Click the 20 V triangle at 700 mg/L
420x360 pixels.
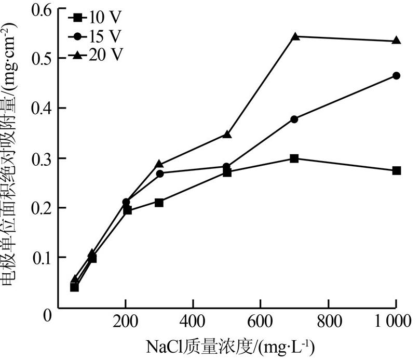295,36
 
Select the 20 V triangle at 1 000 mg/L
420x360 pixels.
396,41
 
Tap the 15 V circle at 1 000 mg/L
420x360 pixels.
396,76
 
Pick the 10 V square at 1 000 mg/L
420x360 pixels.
396,170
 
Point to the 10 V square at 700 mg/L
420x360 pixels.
294,158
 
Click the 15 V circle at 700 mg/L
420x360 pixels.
294,119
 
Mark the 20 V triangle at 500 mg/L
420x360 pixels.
227,134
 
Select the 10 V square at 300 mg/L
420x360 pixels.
159,202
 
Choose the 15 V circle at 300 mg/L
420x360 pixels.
159,174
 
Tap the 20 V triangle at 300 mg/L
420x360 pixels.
159,164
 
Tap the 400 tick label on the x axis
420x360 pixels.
193,321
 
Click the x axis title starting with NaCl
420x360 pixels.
223,345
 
